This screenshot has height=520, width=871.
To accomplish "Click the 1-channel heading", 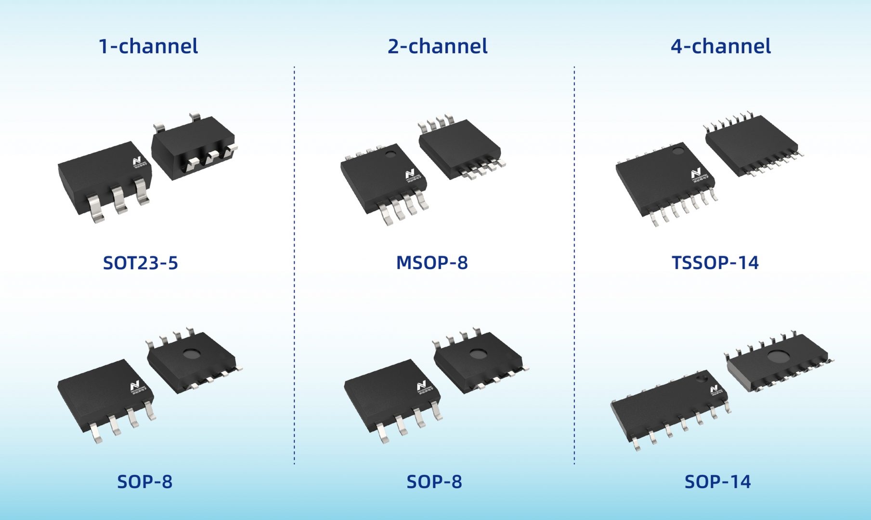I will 148,46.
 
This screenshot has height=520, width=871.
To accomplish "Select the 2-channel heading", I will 437,46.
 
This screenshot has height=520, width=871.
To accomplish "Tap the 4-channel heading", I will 720,46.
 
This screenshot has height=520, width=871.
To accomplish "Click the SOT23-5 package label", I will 140,263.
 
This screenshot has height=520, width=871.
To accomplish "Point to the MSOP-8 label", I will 431,263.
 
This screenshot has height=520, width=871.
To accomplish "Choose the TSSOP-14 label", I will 715,263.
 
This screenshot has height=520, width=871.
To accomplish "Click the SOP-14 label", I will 717,481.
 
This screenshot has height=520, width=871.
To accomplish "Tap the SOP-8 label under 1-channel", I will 144,481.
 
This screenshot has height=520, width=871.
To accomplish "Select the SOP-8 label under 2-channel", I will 434,481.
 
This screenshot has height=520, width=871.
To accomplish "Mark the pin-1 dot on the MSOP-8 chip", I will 390,155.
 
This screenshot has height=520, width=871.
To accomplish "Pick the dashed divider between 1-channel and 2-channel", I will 294,265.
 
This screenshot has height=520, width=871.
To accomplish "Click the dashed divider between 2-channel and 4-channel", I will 574,265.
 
